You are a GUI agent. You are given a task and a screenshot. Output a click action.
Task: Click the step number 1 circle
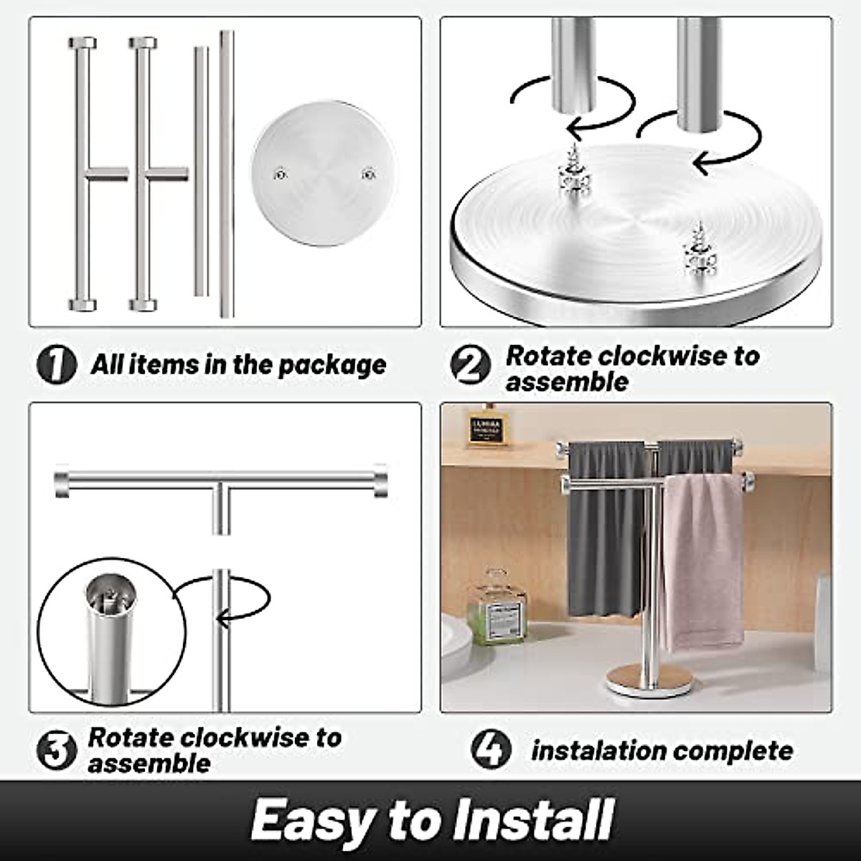tap(56, 365)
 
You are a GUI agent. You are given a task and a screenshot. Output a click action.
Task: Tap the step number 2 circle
tap(471, 365)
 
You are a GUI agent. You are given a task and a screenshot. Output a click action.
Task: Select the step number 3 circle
tap(56, 751)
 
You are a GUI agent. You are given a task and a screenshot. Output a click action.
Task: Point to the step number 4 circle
tap(491, 749)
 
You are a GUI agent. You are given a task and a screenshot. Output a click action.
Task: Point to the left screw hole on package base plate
tap(281, 173)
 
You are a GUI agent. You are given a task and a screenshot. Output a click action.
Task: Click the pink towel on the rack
tap(702, 560)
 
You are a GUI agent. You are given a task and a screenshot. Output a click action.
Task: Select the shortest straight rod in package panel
tap(201, 172)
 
